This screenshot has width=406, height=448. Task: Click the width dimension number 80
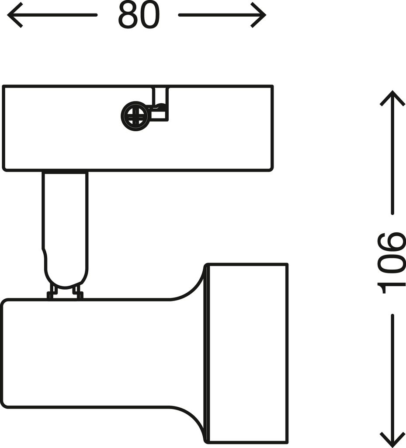point(139,15)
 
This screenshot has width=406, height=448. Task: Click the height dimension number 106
point(391,263)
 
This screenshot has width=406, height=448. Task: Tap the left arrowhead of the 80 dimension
point(15,15)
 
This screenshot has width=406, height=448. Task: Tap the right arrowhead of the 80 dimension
point(258,15)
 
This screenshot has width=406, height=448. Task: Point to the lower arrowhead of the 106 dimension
point(392,440)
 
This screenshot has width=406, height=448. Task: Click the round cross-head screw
point(134,116)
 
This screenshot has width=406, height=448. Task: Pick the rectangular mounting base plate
point(138,128)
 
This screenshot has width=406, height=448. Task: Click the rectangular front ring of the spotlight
point(247,353)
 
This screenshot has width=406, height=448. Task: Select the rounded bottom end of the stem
point(66,271)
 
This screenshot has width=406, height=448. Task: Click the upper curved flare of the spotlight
point(188,283)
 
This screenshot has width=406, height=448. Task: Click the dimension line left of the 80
point(53,15)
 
